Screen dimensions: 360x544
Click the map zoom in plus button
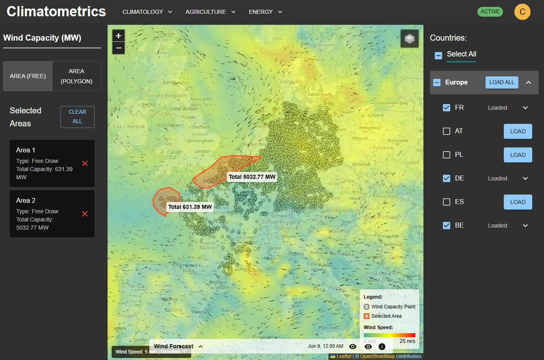click(118, 36)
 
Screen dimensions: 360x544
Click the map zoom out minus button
click(118, 48)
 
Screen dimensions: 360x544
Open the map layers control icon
click(409, 39)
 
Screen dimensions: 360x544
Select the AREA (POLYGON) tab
click(76, 76)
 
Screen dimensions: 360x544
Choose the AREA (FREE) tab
click(28, 76)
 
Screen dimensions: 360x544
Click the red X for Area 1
click(85, 163)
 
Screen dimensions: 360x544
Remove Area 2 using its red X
click(85, 214)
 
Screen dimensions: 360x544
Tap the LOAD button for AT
click(518, 131)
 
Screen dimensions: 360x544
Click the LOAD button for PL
click(518, 155)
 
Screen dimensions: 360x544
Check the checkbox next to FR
click(447, 108)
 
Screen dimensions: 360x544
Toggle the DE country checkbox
click(447, 178)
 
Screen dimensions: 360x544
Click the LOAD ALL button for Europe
click(501, 82)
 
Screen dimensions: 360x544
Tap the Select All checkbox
click(438, 55)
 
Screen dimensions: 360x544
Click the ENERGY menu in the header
click(265, 12)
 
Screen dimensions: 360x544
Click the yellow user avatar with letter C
click(522, 12)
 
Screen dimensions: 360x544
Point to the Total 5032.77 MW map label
click(252, 177)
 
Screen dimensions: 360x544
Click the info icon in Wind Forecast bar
click(382, 347)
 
